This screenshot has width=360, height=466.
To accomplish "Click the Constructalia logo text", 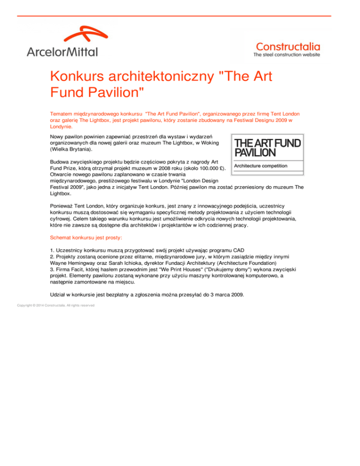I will (x=288, y=46).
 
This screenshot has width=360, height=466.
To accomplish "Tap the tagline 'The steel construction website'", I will (x=287, y=55).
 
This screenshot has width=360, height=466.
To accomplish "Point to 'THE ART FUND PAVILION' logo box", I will (x=267, y=155).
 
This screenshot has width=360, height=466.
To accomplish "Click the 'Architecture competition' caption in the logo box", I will (x=261, y=166).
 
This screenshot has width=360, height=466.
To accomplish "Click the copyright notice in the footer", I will (x=55, y=306).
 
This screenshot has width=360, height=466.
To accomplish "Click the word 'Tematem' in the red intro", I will (x=62, y=113).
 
